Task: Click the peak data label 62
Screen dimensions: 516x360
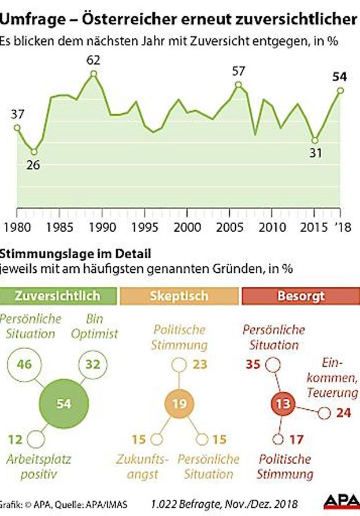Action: [x=93, y=59]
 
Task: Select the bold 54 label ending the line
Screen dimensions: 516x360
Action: [x=340, y=76]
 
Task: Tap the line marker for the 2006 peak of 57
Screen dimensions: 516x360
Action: [x=239, y=85]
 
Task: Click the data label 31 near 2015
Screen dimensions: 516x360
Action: [x=314, y=154]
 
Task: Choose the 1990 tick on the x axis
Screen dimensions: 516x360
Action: [x=102, y=226]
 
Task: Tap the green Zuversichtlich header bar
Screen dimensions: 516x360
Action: [x=58, y=295]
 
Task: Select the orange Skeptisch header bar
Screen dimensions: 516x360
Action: [x=179, y=295]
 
